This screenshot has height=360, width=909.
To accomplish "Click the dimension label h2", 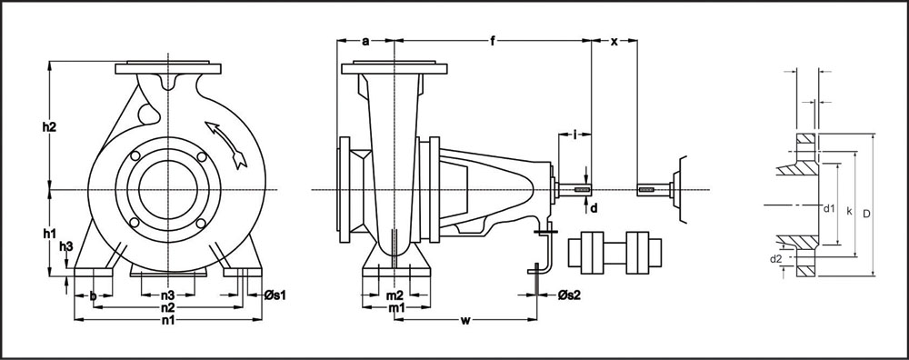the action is [49, 127].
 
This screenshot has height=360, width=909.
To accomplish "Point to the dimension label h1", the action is [49, 233].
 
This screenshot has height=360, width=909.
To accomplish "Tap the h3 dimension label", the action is [66, 246].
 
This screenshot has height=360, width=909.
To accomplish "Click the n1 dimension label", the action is [168, 319].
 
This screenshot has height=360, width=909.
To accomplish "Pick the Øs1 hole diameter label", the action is [275, 295].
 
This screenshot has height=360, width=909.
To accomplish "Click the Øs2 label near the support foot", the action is [568, 295].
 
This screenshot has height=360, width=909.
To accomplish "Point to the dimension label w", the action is [464, 320].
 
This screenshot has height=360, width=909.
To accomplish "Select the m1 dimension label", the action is [396, 308].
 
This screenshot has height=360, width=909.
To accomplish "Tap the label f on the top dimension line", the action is [493, 41].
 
